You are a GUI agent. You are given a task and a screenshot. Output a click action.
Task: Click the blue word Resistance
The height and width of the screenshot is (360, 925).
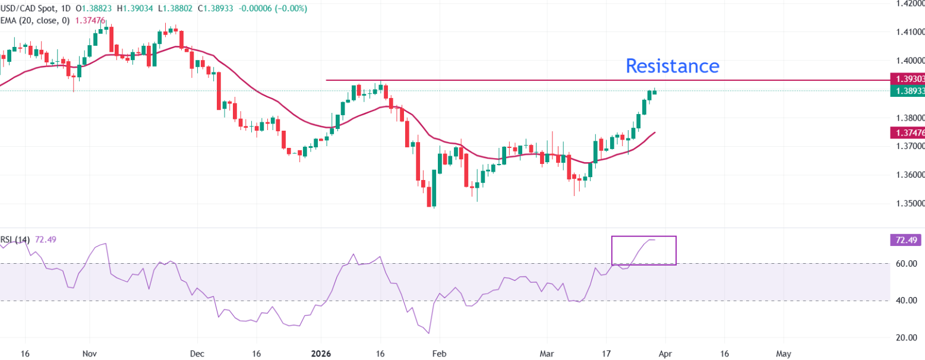coord(673,65)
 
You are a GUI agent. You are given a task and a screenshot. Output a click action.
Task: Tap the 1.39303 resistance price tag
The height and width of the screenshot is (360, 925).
coord(907,78)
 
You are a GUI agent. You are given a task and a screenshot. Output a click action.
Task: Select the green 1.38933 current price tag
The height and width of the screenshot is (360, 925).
coord(907,91)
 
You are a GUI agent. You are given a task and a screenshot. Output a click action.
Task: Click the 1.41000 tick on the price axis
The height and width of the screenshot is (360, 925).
coord(907,31)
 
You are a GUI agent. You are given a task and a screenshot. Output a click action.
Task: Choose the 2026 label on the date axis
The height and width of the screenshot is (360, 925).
coord(321,353)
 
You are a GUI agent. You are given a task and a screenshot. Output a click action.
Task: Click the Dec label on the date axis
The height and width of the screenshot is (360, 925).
coord(198,353)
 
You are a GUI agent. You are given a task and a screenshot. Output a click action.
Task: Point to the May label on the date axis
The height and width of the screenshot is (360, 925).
coord(784,353)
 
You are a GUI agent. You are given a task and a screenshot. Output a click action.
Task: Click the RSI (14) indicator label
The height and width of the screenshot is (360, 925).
coord(16,239)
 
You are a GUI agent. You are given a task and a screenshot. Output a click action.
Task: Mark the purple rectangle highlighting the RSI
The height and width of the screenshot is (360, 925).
coord(643,250)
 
